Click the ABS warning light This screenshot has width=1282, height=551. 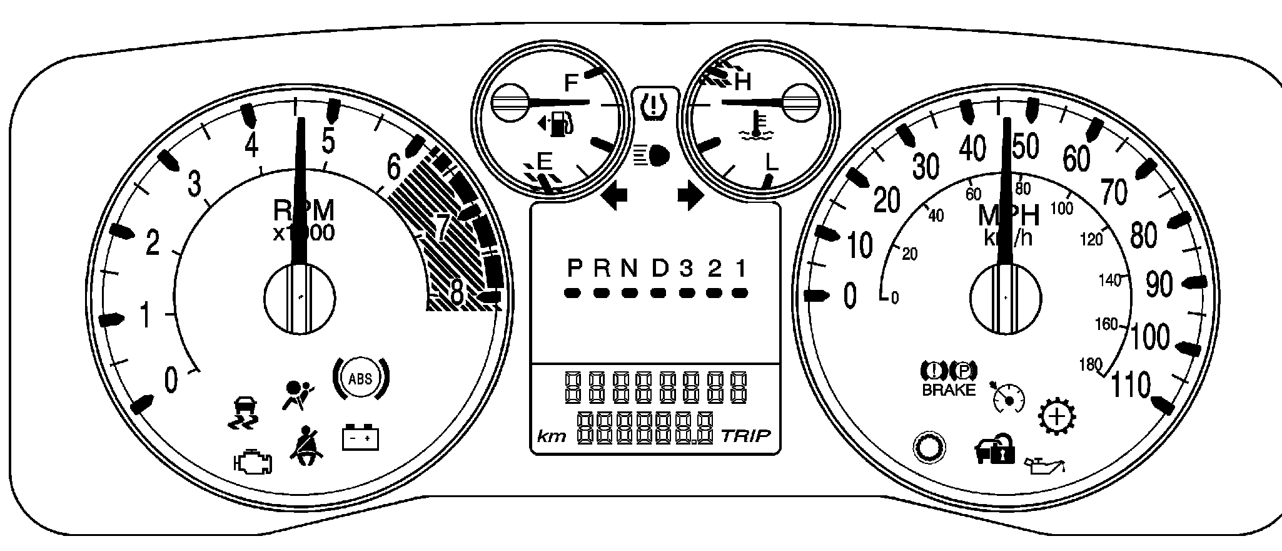tap(360, 378)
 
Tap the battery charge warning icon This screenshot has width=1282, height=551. tap(360, 436)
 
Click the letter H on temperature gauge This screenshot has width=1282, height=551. tap(743, 81)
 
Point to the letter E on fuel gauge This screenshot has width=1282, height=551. tap(544, 161)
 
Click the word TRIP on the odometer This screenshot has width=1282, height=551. tap(745, 435)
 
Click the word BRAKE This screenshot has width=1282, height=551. tap(949, 390)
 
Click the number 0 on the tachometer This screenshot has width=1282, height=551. tap(170, 380)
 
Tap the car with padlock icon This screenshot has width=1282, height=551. tap(994, 449)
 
